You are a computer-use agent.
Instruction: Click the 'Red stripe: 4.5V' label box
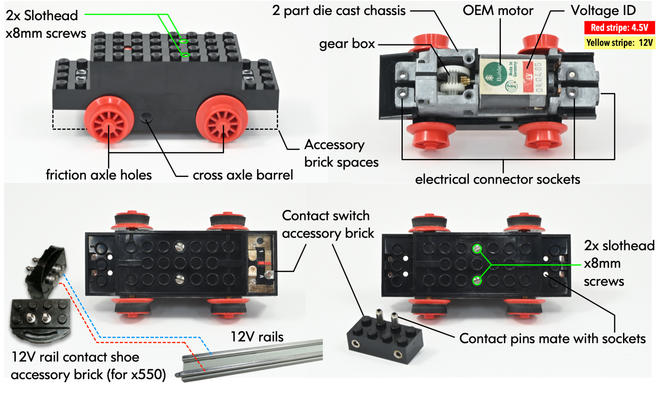[x=619, y=28]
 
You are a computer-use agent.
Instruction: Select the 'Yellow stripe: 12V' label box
[x=619, y=43]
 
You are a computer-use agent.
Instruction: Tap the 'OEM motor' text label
[x=498, y=11]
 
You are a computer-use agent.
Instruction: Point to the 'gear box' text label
[x=347, y=44]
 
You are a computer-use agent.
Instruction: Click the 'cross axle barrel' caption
[x=243, y=175]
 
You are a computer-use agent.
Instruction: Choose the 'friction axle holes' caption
[x=98, y=175]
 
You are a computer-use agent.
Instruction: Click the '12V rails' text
[x=257, y=337]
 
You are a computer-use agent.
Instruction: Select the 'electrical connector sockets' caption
[x=497, y=179]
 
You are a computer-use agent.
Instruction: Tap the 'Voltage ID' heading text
[x=603, y=11]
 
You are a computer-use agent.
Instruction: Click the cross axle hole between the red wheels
[x=146, y=117]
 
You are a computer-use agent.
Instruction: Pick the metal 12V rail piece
[x=250, y=360]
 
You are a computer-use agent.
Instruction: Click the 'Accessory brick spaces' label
[x=341, y=153]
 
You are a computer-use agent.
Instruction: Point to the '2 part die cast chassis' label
[x=339, y=11]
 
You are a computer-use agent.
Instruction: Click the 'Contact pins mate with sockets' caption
[x=552, y=339]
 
